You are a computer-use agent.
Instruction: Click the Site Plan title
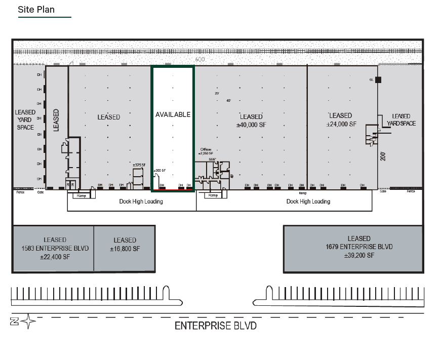click(x=36, y=10)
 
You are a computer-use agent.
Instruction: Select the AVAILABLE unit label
click(x=173, y=114)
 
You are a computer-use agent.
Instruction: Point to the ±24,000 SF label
click(x=341, y=124)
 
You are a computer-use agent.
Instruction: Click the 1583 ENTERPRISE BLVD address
click(x=55, y=248)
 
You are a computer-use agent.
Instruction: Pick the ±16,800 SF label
click(x=125, y=249)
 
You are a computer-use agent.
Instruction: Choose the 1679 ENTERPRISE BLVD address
click(x=359, y=247)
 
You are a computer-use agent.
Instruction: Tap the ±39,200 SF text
click(x=359, y=255)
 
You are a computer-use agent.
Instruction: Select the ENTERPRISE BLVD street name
click(x=215, y=326)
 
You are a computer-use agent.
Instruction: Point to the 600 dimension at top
click(x=200, y=60)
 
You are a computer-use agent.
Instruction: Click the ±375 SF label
click(x=139, y=165)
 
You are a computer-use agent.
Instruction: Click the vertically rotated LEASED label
click(x=56, y=119)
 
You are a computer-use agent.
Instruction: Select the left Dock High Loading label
click(x=141, y=202)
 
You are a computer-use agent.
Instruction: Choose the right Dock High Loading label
click(x=308, y=202)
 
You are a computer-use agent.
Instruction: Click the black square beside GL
click(x=378, y=80)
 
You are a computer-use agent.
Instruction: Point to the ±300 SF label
click(x=159, y=171)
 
